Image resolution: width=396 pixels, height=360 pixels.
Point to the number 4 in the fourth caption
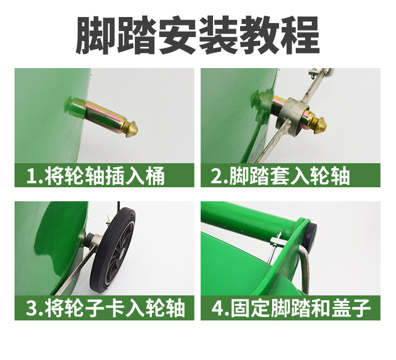(x=217, y=307)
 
